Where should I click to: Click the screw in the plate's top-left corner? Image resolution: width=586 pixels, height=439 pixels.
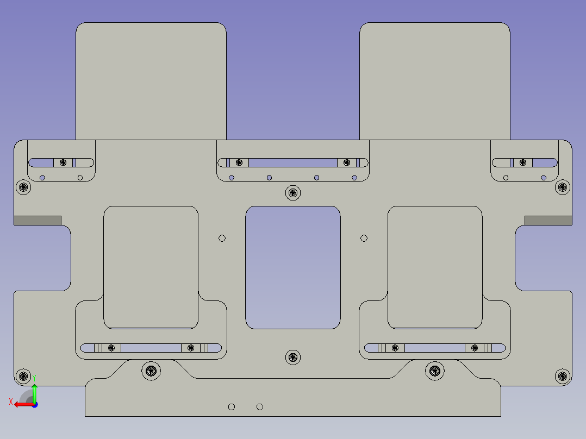pyautogui.click(x=23, y=187)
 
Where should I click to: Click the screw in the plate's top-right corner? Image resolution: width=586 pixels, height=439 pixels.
pyautogui.click(x=563, y=187)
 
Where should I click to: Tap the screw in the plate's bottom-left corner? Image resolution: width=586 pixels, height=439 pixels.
pyautogui.click(x=23, y=375)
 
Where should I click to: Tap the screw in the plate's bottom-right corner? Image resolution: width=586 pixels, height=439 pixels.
pyautogui.click(x=563, y=375)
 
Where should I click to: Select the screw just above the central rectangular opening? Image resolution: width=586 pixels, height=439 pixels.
pyautogui.click(x=293, y=192)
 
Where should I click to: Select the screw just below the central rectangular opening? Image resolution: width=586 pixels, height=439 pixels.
pyautogui.click(x=293, y=357)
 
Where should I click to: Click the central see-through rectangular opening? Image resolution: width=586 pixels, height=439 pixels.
pyautogui.click(x=293, y=267)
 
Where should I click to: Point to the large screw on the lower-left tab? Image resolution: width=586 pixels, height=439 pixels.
pyautogui.click(x=151, y=371)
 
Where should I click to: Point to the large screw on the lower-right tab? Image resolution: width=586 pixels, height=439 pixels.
pyautogui.click(x=435, y=371)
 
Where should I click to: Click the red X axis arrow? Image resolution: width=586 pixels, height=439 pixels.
pyautogui.click(x=21, y=404)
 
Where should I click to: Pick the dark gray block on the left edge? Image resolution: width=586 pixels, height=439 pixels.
pyautogui.click(x=37, y=220)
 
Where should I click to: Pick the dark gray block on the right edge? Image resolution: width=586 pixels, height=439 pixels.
pyautogui.click(x=548, y=220)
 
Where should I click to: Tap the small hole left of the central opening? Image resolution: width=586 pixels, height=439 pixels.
pyautogui.click(x=222, y=238)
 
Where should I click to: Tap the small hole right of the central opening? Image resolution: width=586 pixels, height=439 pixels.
pyautogui.click(x=364, y=238)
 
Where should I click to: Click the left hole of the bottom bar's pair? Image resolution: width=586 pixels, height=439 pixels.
pyautogui.click(x=232, y=407)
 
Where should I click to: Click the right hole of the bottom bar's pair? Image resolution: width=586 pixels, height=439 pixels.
pyautogui.click(x=260, y=407)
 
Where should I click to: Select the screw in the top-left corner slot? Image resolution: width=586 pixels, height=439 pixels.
pyautogui.click(x=64, y=162)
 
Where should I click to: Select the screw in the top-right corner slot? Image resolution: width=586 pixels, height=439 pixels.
pyautogui.click(x=523, y=162)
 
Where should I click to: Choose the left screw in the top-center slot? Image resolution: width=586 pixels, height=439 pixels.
pyautogui.click(x=239, y=162)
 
